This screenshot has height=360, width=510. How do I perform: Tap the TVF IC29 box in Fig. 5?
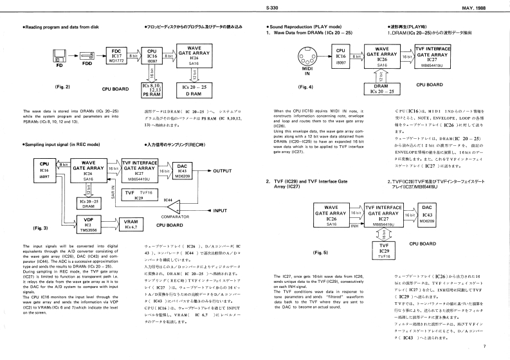click(x=384, y=251)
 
